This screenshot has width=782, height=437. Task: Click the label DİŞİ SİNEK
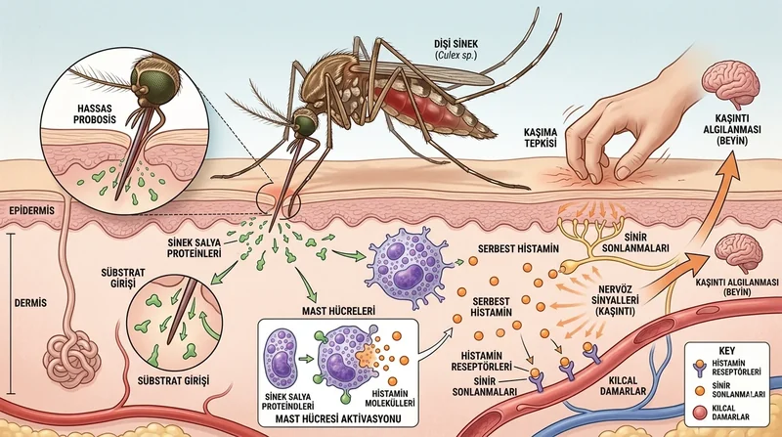[x=456, y=44]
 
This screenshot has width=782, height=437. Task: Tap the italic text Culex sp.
[x=456, y=55]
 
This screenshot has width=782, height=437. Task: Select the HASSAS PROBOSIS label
[x=94, y=113]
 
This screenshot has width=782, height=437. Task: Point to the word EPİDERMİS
[x=32, y=210]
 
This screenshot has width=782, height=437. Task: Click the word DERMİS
[x=30, y=303]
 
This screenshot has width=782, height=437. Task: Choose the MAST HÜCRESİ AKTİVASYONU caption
[x=338, y=418]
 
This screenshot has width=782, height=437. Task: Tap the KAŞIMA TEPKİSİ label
[x=541, y=138]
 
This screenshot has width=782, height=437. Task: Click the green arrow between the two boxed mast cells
[x=305, y=358]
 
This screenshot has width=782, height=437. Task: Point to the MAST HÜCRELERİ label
[x=338, y=311]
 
